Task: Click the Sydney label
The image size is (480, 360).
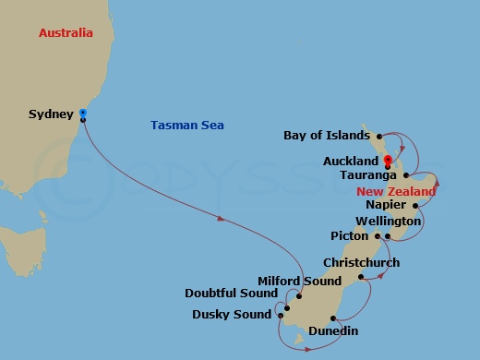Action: click(52, 114)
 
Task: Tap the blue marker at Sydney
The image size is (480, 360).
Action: click(83, 114)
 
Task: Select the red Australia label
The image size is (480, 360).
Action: click(66, 33)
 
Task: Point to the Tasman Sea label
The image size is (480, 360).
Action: click(187, 126)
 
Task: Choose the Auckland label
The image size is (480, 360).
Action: click(351, 161)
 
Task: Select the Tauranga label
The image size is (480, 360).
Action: click(368, 174)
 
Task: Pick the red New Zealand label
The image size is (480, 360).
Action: click(395, 191)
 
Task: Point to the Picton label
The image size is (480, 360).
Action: click(350, 236)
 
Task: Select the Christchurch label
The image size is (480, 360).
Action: click(361, 263)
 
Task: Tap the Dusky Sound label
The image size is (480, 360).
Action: click(232, 315)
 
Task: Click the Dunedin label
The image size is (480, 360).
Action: click(333, 330)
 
